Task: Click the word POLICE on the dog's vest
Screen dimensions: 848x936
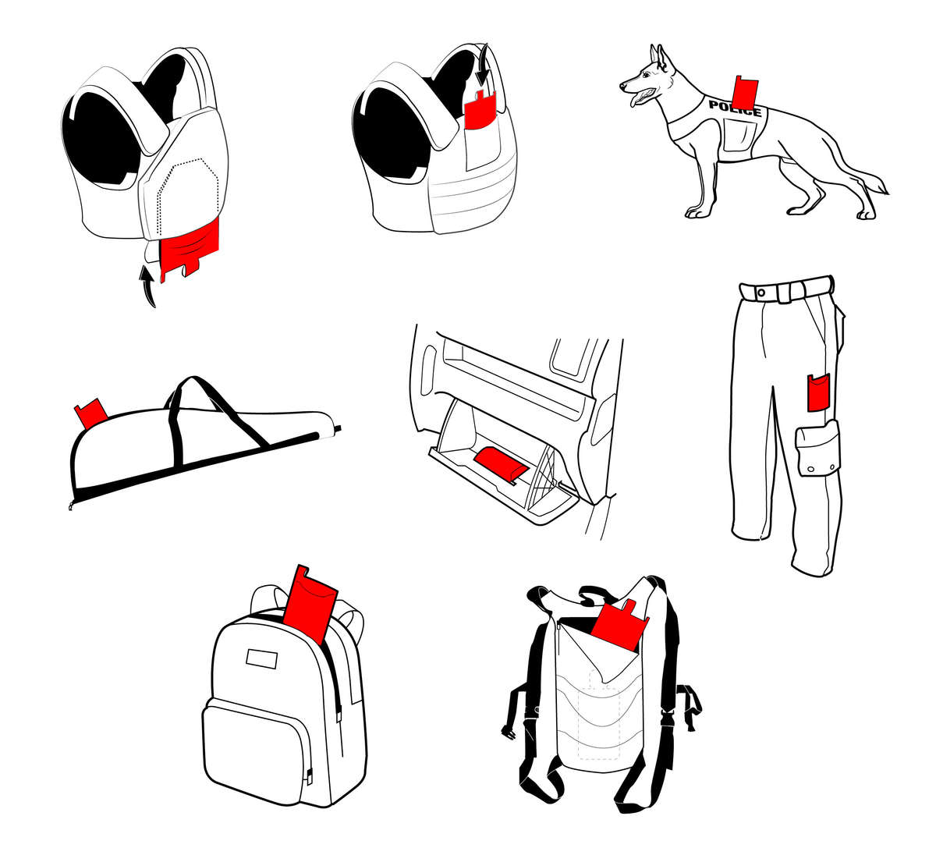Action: (x=734, y=108)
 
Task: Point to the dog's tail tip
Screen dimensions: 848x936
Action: (x=883, y=188)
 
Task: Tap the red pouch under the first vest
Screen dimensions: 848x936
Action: (x=190, y=246)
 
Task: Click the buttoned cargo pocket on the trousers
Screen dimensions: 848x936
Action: (x=818, y=449)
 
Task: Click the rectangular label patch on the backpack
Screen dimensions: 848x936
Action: (x=262, y=658)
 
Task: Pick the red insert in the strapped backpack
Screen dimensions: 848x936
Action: (x=619, y=626)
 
